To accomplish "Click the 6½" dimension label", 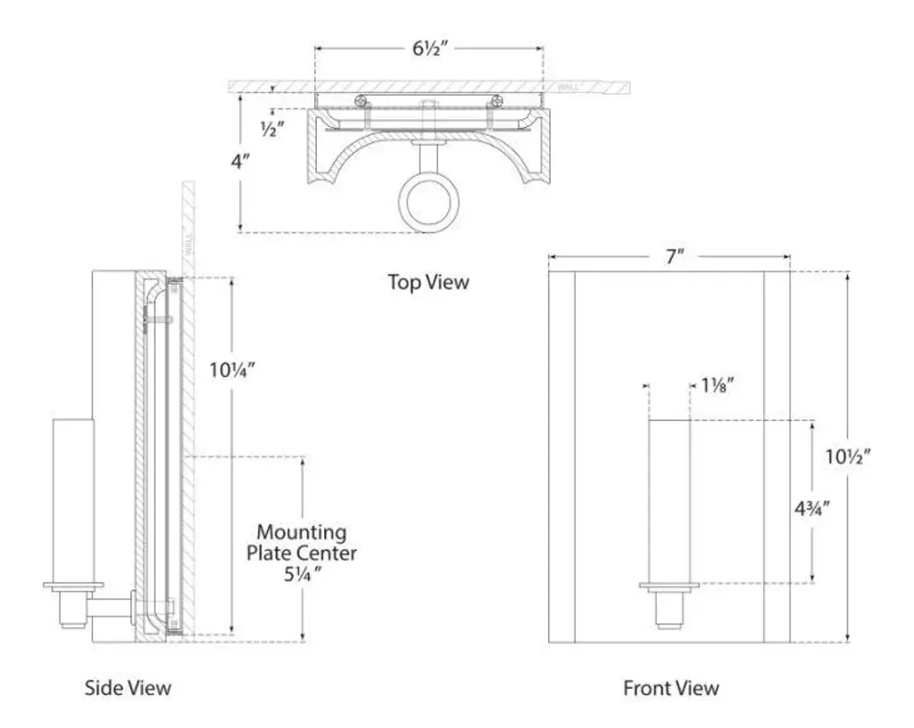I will tap(429, 48).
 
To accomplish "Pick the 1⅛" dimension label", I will tap(718, 386).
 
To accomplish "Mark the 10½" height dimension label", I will tap(848, 456).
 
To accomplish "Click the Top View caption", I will tap(428, 282).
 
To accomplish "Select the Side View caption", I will tap(128, 688).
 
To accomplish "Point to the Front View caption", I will tap(670, 688).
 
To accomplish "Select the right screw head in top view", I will tap(495, 100).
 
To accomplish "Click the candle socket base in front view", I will tap(669, 588).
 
